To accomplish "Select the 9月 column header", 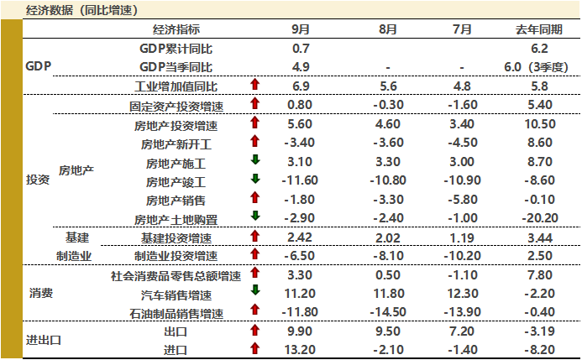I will [x=301, y=29].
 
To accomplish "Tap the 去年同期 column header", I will [x=538, y=29].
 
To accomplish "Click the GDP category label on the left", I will [x=39, y=66].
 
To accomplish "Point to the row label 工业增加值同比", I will [x=176, y=86].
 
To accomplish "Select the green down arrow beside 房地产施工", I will [x=254, y=161].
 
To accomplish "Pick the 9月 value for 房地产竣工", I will [x=300, y=180].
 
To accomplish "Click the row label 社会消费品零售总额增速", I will [x=176, y=276].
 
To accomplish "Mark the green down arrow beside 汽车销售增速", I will [x=254, y=294].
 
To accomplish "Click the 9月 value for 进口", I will [x=300, y=349].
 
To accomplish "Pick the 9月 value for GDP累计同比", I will [x=301, y=49].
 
